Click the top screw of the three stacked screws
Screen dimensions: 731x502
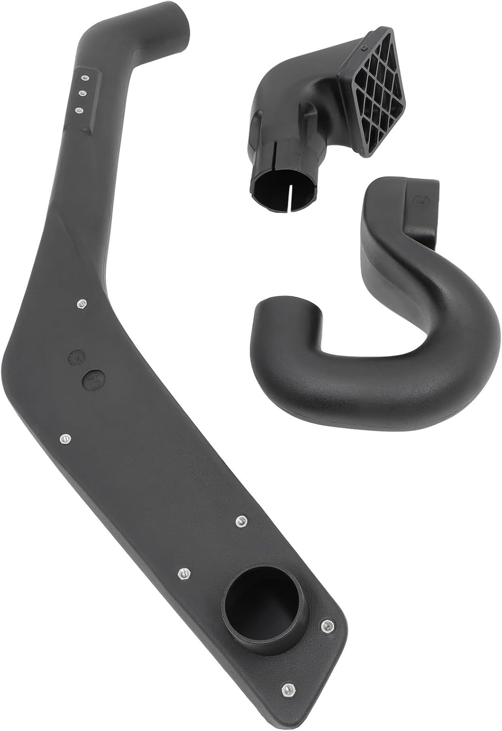[x=84, y=77]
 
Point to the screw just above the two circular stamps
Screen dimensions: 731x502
[x=81, y=304]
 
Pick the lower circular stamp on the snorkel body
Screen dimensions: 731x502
[x=92, y=378]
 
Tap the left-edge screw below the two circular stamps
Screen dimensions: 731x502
[x=63, y=439]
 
